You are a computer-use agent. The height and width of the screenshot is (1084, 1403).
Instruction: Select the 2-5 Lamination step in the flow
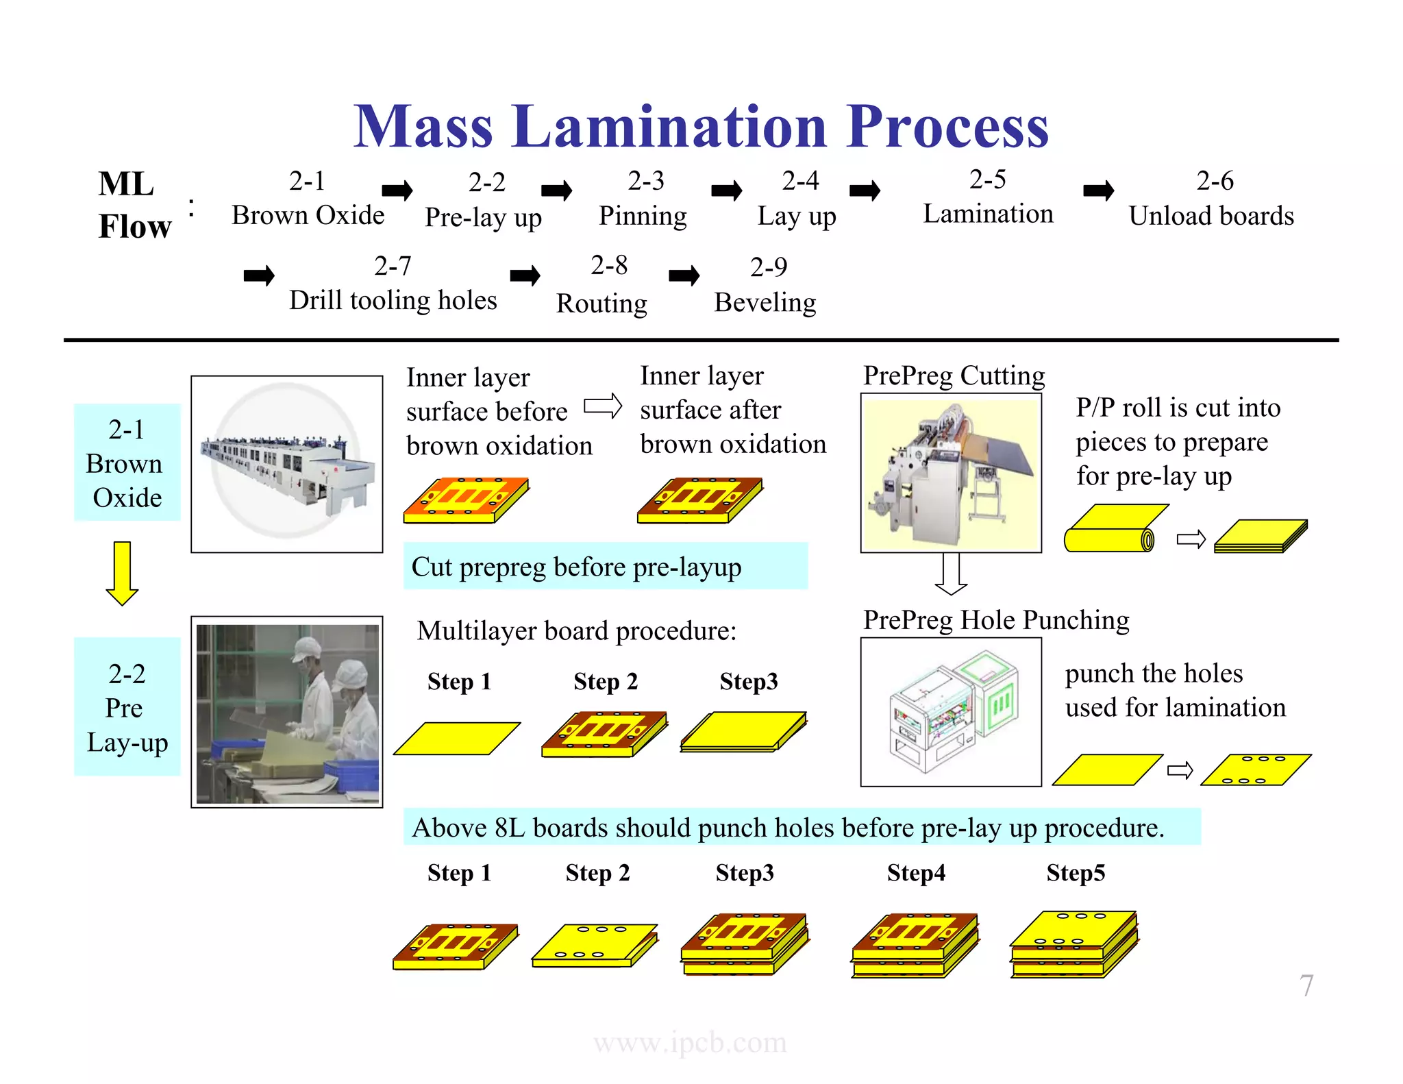click(987, 198)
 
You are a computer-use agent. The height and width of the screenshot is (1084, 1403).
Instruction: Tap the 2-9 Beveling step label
click(765, 285)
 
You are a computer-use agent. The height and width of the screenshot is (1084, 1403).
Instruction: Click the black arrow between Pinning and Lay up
click(726, 190)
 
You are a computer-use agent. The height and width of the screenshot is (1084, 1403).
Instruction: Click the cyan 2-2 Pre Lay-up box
click(127, 707)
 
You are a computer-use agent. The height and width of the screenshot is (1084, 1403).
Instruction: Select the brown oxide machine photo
click(286, 464)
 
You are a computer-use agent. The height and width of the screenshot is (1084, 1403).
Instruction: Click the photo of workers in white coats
click(286, 712)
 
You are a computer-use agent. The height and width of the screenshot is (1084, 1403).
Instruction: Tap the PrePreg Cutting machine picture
click(951, 473)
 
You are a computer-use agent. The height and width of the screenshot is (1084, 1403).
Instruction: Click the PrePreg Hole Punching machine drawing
click(951, 712)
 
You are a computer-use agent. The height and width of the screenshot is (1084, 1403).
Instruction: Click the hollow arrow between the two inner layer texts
click(602, 406)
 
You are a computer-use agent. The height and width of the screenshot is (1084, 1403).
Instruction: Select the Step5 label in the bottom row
click(1075, 873)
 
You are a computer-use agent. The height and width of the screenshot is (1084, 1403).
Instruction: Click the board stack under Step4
click(915, 946)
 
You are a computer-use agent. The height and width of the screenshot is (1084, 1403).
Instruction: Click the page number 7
click(1306, 986)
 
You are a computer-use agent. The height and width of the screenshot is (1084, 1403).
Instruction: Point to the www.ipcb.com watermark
click(690, 1043)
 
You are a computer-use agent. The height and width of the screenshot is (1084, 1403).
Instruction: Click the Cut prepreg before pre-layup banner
click(605, 567)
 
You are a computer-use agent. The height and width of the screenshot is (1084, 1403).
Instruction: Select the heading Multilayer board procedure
click(576, 631)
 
